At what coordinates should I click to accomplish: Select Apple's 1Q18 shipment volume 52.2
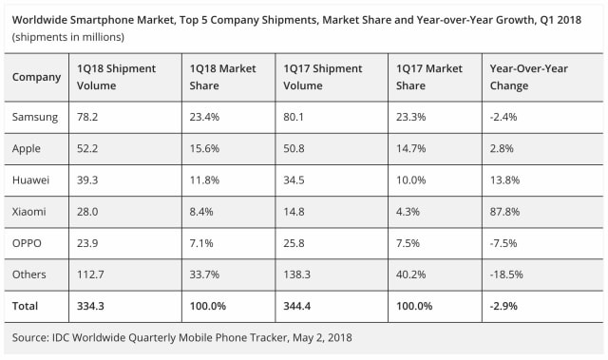89,149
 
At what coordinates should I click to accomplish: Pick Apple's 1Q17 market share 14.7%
413,149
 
